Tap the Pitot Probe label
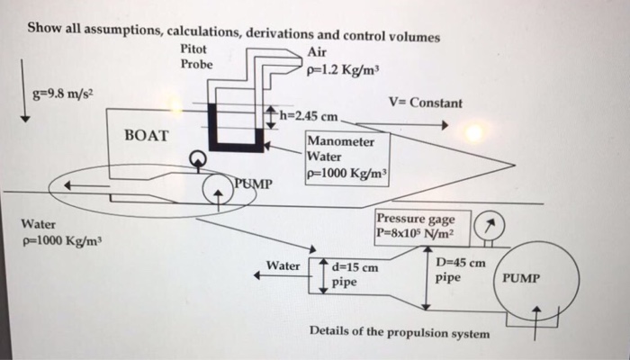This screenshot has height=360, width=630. (x=196, y=56)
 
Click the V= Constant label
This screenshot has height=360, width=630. (x=426, y=103)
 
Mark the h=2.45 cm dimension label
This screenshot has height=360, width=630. (x=310, y=117)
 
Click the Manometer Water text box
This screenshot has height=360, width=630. (x=346, y=158)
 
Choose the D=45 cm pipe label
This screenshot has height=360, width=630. (x=460, y=270)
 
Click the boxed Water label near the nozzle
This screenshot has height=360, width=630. (x=284, y=265)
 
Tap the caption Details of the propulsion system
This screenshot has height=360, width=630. (x=400, y=332)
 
